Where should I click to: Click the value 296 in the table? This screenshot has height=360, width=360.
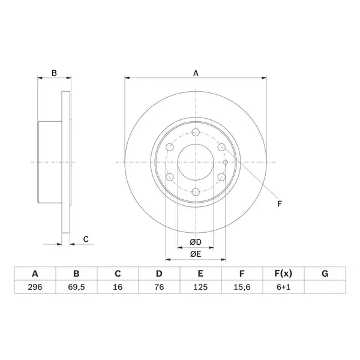point(35,287)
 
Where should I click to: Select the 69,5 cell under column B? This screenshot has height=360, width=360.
point(76,287)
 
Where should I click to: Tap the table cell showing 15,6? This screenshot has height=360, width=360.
point(242,287)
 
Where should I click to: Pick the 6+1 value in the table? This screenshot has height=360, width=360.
point(283,287)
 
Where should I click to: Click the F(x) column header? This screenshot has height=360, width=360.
point(283,274)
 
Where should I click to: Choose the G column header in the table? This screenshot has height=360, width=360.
point(325,274)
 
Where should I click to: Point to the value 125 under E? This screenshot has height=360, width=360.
point(200,287)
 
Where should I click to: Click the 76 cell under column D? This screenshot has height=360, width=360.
point(159,287)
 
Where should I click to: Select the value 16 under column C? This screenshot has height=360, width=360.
point(118,287)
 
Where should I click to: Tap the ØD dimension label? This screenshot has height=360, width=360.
point(196,242)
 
